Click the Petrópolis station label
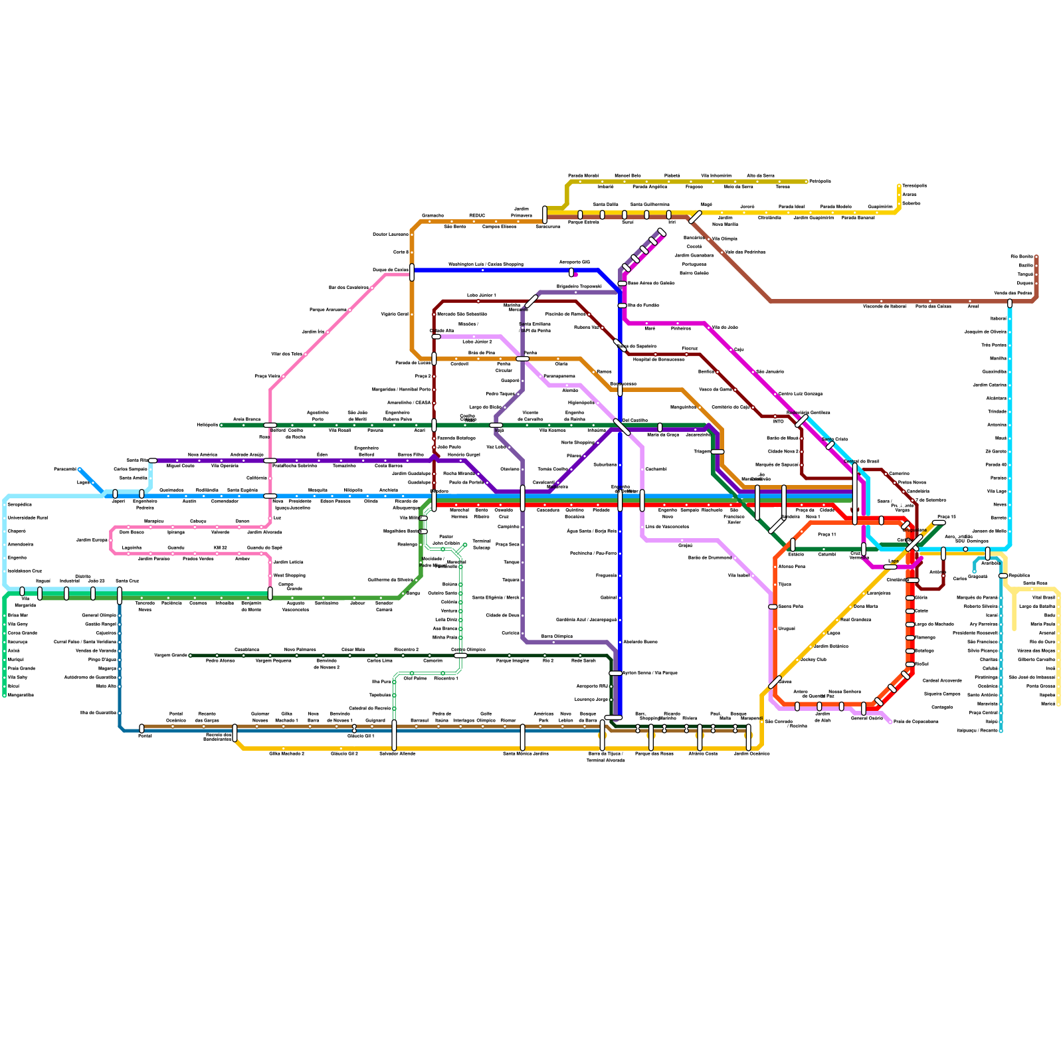(x=820, y=181)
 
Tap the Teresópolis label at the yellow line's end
(x=914, y=186)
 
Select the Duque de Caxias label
(x=390, y=270)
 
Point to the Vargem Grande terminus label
(x=171, y=656)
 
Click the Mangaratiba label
(x=21, y=695)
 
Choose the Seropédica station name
(x=20, y=504)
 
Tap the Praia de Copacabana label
(x=916, y=722)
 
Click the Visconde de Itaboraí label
(x=884, y=306)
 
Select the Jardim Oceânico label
(x=751, y=753)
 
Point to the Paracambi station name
(x=65, y=469)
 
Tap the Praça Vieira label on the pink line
(x=267, y=377)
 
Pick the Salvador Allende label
(x=397, y=753)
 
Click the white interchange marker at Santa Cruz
(x=120, y=595)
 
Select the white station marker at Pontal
(x=142, y=729)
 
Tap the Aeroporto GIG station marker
(x=571, y=272)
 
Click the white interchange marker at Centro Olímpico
(x=460, y=656)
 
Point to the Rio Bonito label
(x=1021, y=256)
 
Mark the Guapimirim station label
(x=880, y=207)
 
